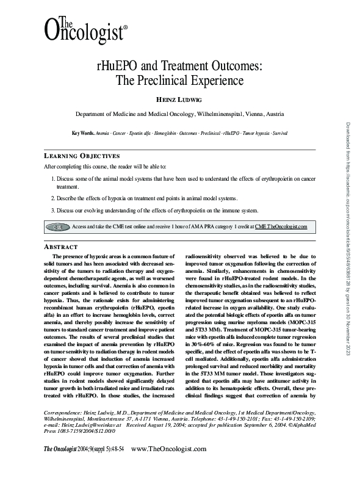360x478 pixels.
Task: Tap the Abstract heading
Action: (x=61, y=246)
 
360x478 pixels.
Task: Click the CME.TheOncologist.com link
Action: (x=281, y=226)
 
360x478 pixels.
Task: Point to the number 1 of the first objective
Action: (x=52, y=179)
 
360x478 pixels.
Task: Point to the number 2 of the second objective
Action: (x=52, y=199)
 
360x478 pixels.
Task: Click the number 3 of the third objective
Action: (x=52, y=211)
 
